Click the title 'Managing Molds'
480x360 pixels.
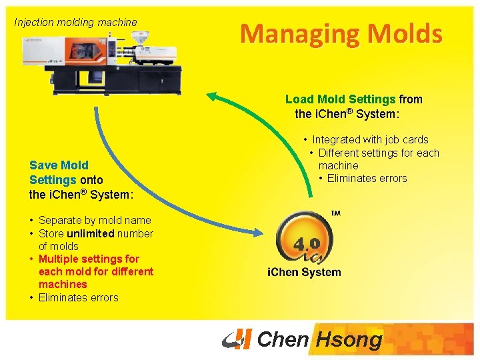coord(341,33)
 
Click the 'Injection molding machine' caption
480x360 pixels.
coord(75,22)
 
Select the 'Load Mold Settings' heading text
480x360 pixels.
coord(341,99)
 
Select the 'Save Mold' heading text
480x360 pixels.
coord(59,165)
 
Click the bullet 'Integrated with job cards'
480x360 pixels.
coord(370,140)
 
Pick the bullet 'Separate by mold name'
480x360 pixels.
coord(95,221)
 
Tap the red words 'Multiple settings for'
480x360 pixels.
coord(89,259)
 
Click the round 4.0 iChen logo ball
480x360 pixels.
coord(304,239)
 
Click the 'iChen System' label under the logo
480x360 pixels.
coord(304,272)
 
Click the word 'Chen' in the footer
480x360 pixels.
coord(283,340)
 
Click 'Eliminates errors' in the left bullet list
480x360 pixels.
coord(78,298)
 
